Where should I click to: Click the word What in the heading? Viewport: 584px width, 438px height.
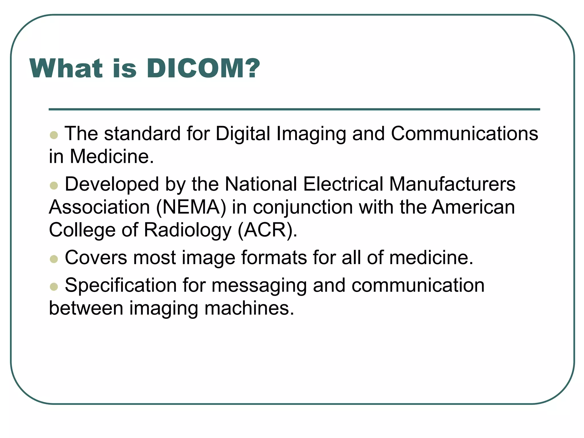coord(66,68)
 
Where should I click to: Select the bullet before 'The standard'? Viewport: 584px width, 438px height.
coord(54,135)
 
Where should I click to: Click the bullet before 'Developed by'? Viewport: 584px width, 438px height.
coord(54,186)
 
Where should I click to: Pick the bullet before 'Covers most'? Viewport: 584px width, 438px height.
coord(54,259)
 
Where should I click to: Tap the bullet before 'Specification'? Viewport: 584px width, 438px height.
coord(54,286)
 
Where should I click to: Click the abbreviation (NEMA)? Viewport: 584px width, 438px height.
coord(191,207)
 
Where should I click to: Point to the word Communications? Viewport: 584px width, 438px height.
coord(464,133)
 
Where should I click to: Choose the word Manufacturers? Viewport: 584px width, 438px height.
coord(452,184)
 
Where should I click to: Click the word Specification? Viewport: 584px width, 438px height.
coord(121,285)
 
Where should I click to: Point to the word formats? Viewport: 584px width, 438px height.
coord(274,257)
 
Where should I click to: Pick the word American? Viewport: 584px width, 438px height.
coord(473,207)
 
